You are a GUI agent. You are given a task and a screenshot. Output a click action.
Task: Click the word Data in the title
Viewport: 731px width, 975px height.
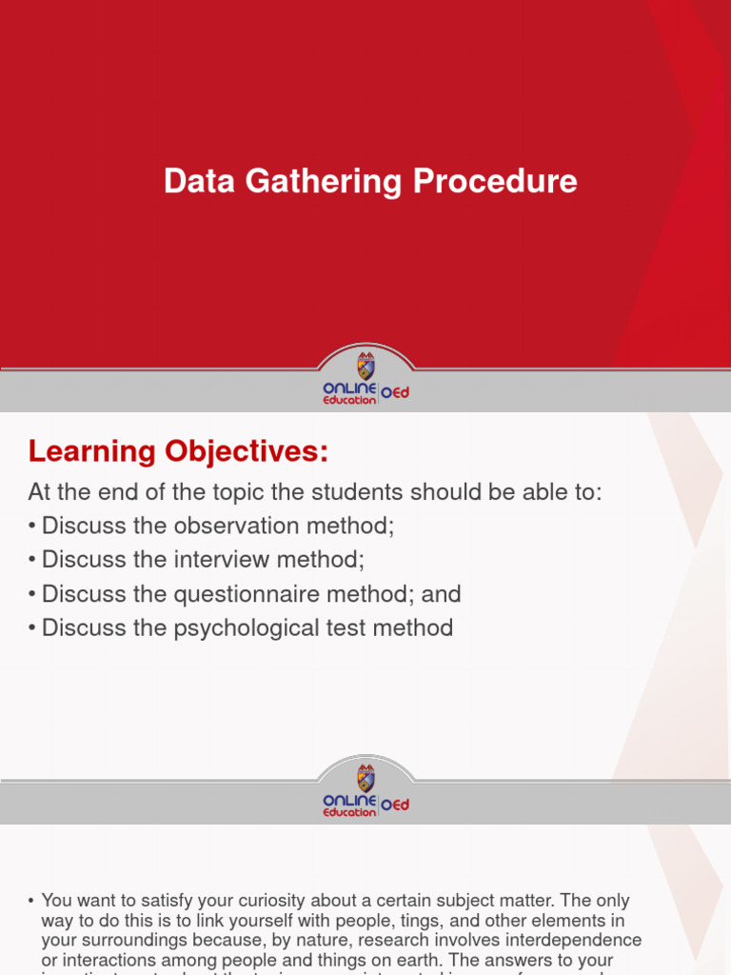198,182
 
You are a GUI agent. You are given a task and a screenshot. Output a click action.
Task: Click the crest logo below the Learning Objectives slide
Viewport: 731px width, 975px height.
365,777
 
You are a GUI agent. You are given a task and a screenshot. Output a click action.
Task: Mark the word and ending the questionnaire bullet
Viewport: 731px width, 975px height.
441,594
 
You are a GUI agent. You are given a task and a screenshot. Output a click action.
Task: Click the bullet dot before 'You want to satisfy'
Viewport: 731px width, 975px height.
31,901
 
